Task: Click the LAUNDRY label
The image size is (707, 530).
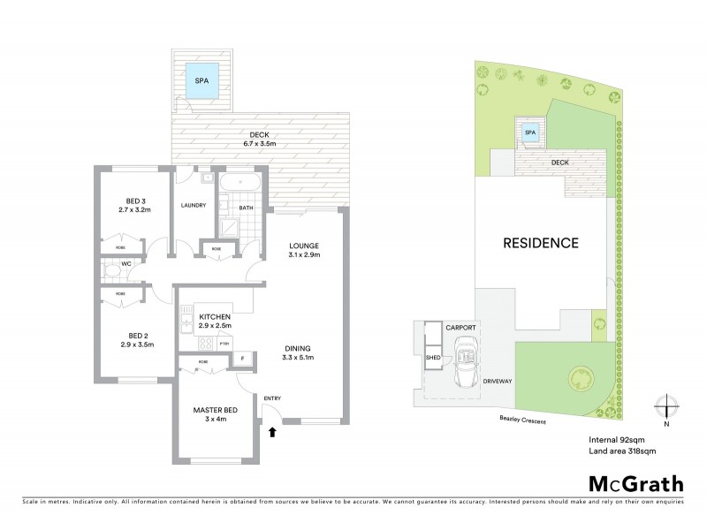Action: (x=193, y=205)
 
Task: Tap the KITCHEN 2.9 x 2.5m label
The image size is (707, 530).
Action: (x=215, y=321)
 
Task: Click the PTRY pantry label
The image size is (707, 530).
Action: (x=225, y=343)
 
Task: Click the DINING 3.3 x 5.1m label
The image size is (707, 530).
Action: (x=298, y=352)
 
